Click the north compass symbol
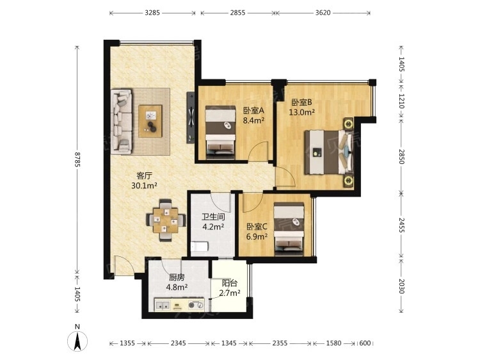point(77,341)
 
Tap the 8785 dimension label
point(77,160)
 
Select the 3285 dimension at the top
point(152,13)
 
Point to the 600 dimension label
point(365,343)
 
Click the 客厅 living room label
point(144,176)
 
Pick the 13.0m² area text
point(302,113)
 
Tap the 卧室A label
point(253,110)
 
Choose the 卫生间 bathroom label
point(213,217)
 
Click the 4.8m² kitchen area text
point(177,288)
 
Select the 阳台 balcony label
point(230,282)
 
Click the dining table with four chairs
point(166,220)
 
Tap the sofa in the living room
point(122,121)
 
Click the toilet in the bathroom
point(199,246)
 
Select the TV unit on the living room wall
point(191,118)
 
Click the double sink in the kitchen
point(163,305)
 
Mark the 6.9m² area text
point(257,236)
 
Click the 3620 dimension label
point(323,13)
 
